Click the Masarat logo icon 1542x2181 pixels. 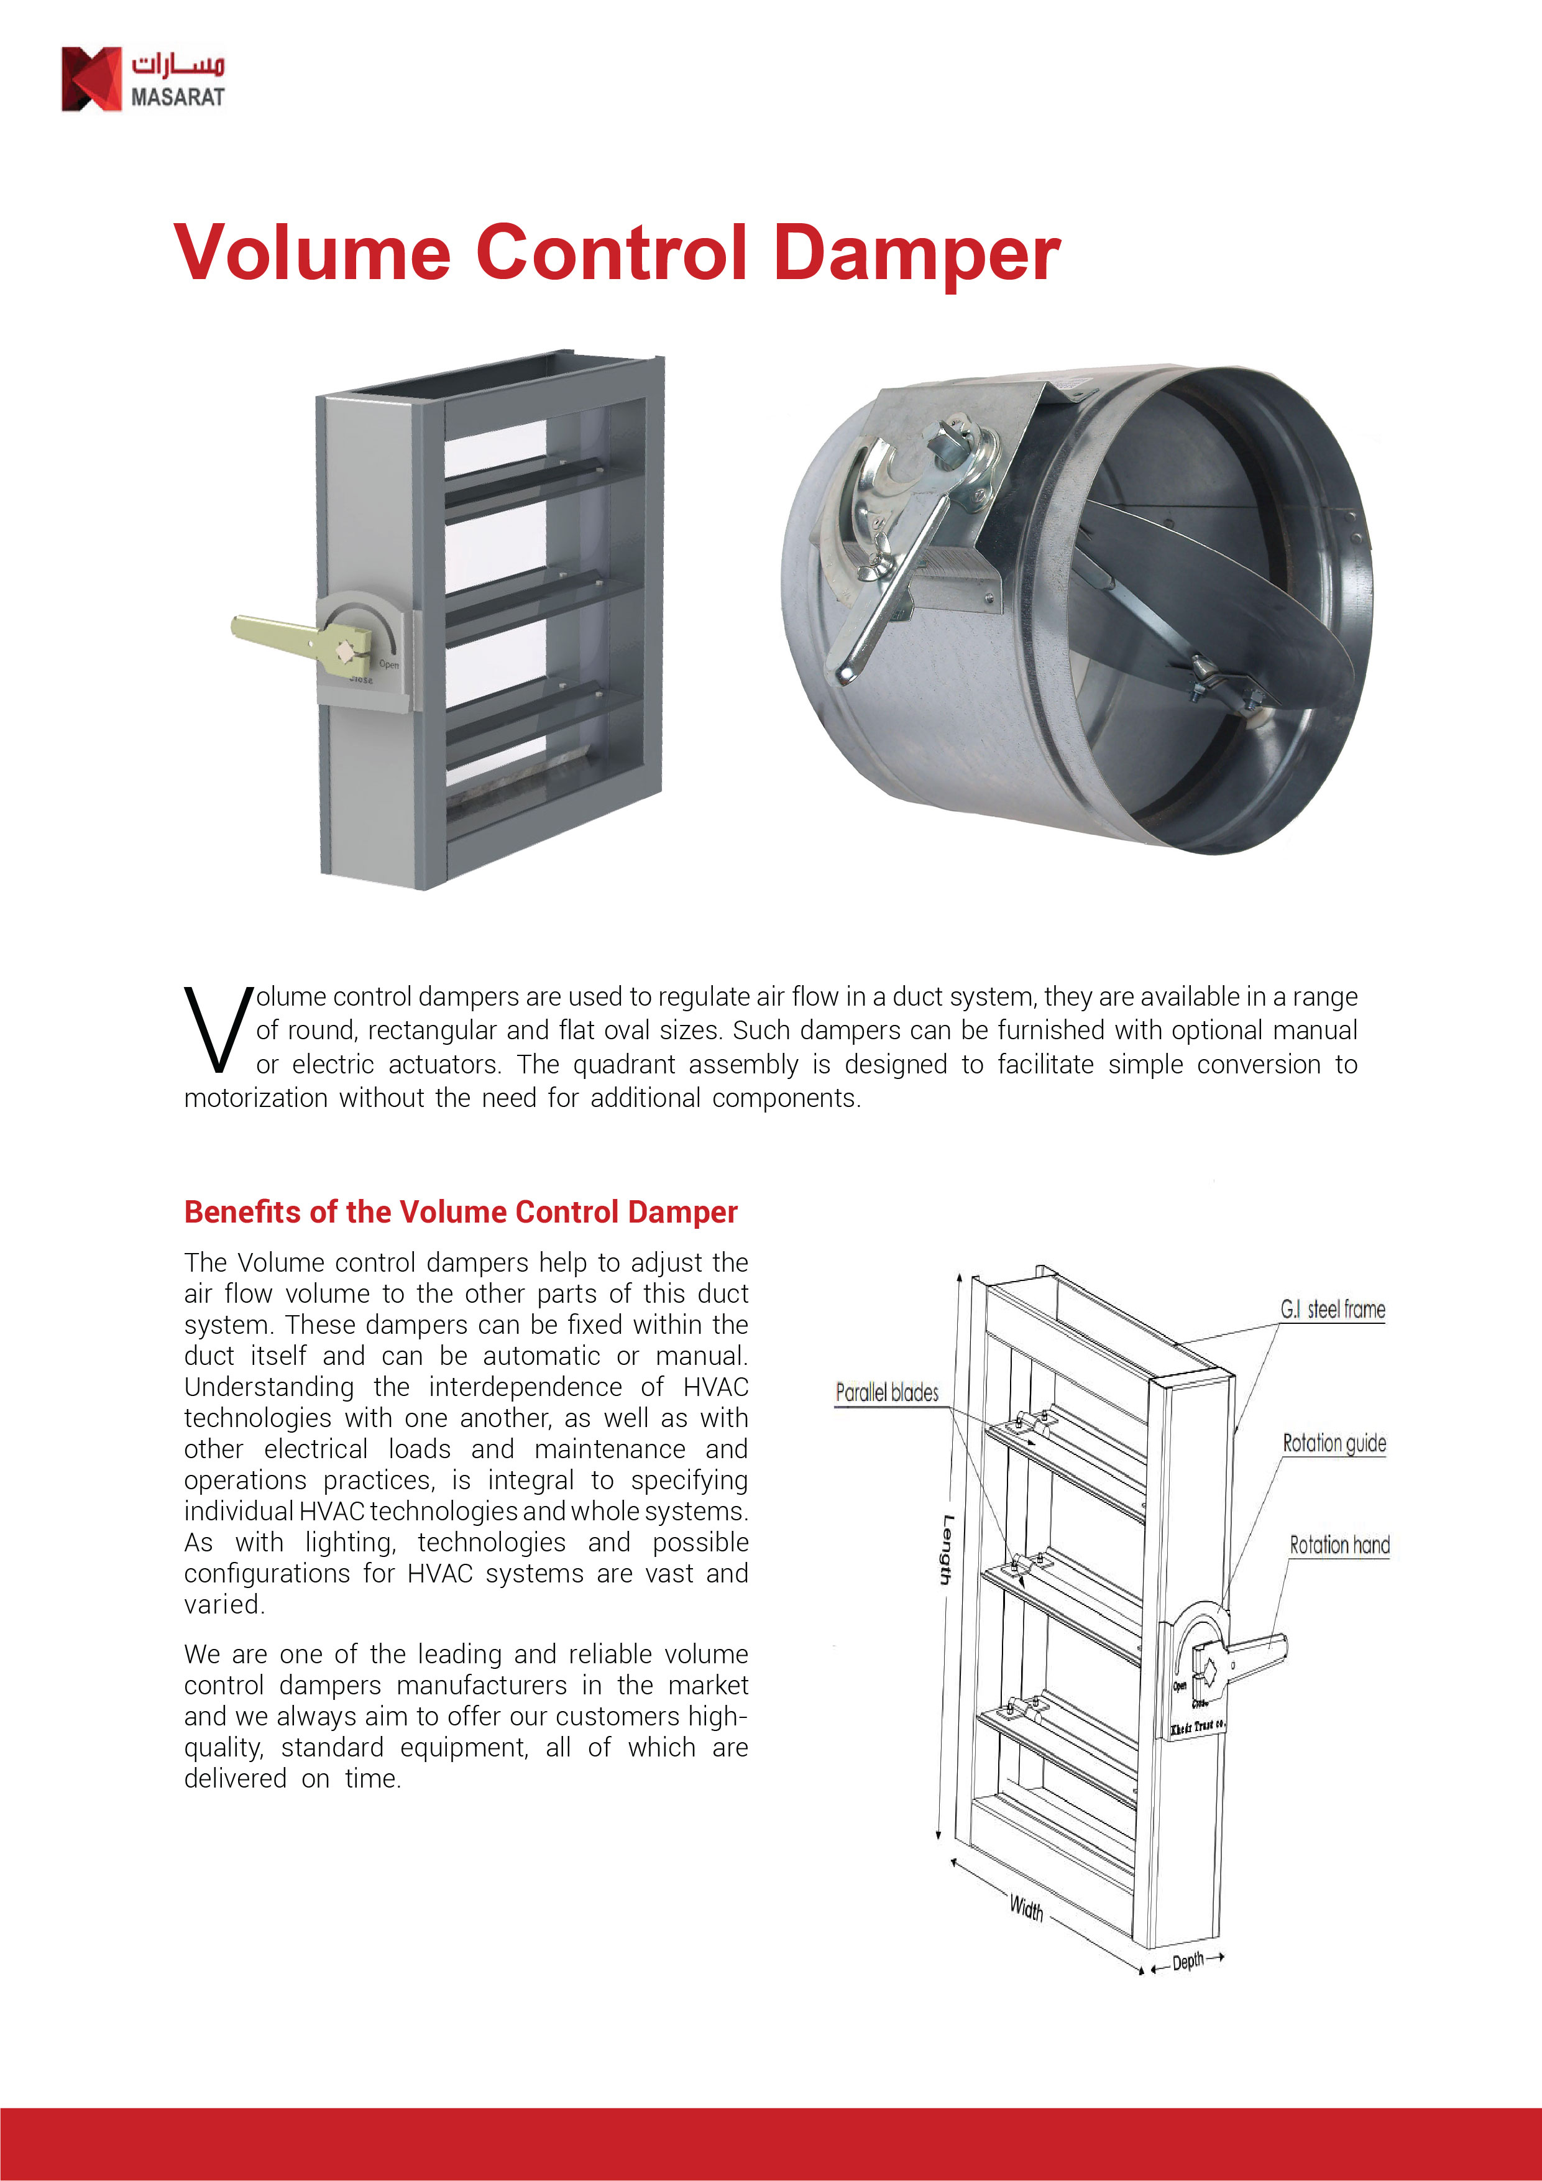(91, 79)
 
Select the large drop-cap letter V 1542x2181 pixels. (218, 1031)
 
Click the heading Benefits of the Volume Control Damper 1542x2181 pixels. (461, 1212)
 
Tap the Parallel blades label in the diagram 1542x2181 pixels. (886, 1393)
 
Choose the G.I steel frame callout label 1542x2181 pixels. (1332, 1310)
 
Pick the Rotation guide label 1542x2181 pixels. (1334, 1444)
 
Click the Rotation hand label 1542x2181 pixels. (1339, 1546)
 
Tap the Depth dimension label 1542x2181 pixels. (1188, 1962)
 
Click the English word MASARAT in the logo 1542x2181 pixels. (178, 97)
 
